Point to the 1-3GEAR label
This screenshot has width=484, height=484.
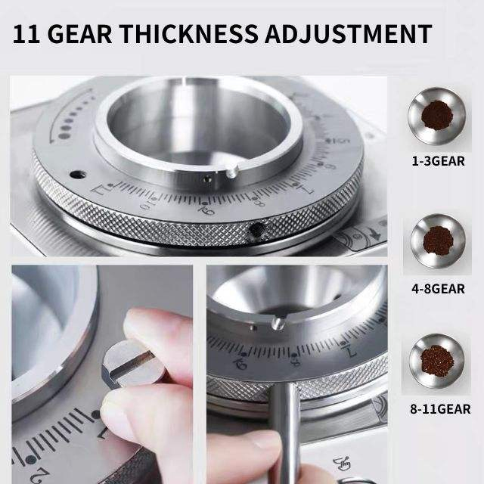(439, 161)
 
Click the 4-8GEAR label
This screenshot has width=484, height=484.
(439, 288)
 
